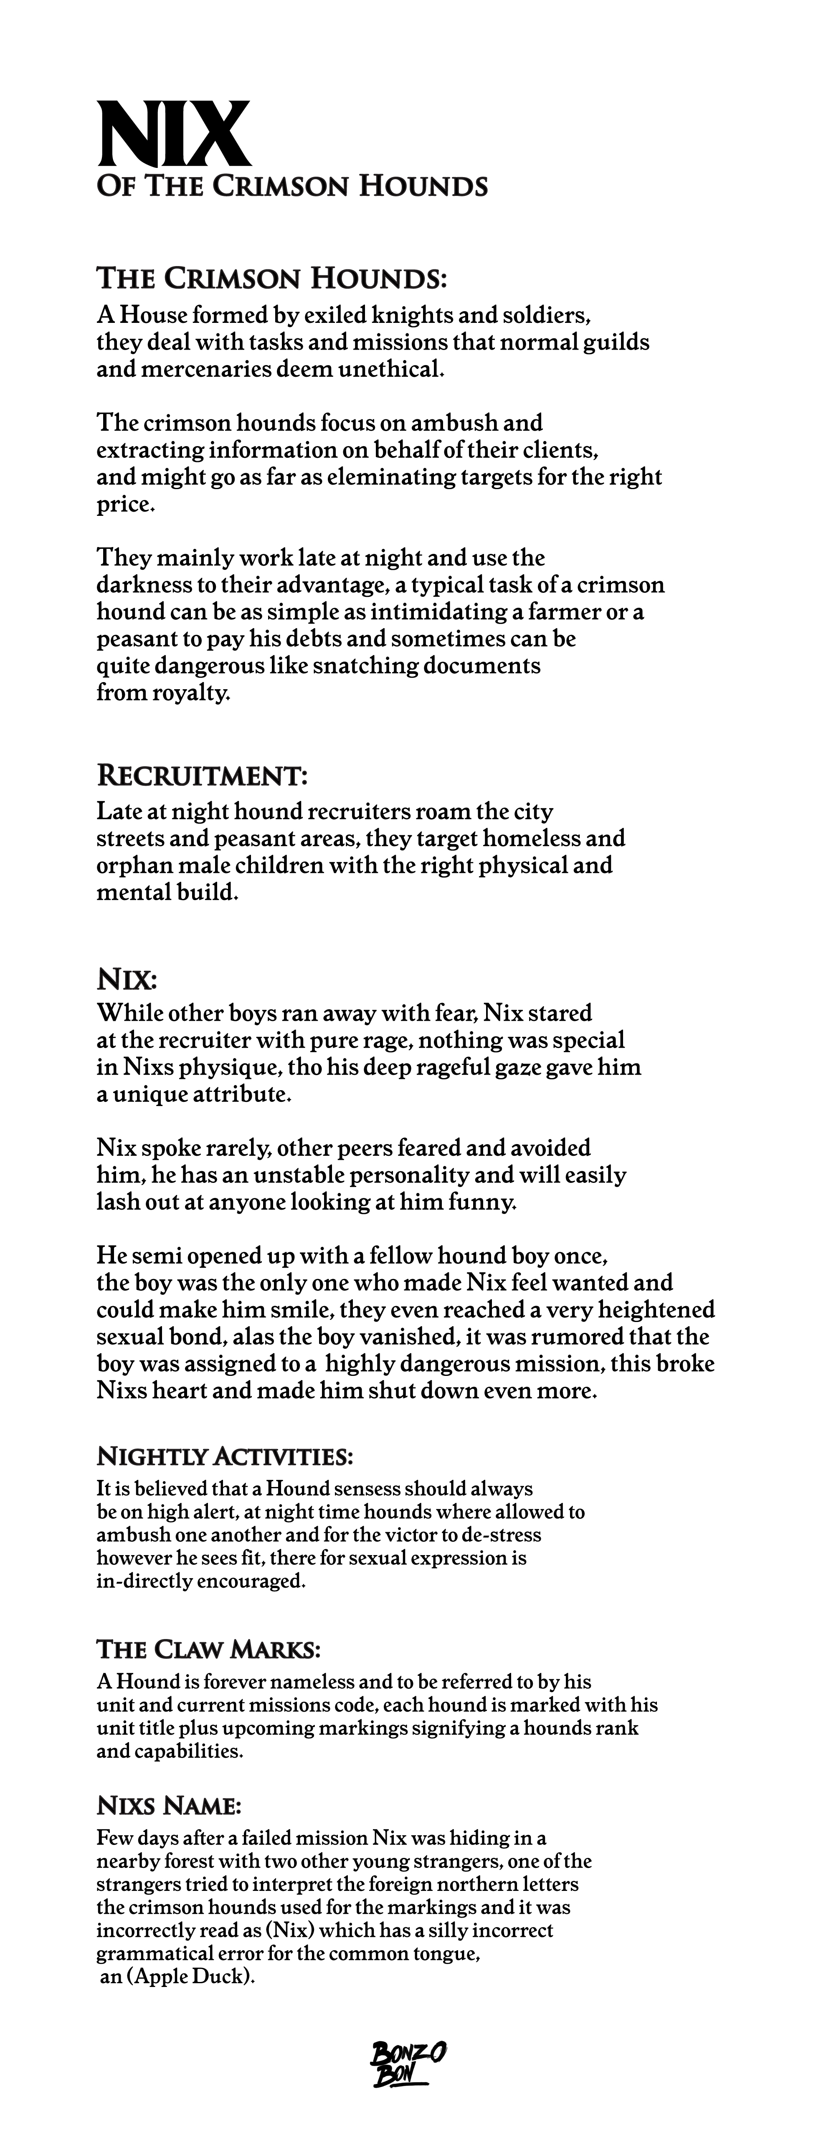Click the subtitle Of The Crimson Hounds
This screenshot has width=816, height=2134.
[x=291, y=185]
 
